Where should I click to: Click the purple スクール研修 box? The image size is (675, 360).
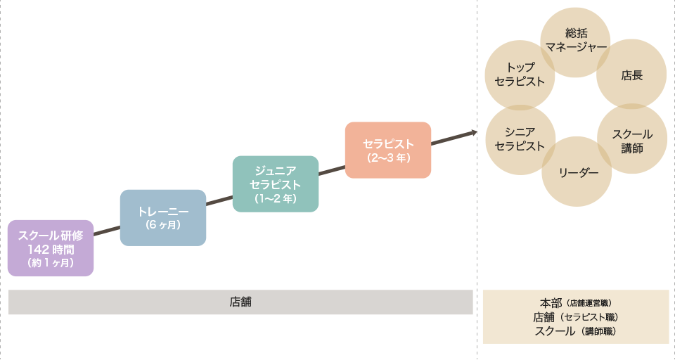51,248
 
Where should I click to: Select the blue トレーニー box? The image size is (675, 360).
163,217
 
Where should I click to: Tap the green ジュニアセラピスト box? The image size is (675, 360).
276,184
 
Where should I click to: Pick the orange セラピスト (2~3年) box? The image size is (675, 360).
388,150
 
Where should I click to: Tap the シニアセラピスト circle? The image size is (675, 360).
520,139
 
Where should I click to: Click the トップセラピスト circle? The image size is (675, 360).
520,74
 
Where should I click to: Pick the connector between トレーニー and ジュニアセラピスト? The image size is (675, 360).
219,200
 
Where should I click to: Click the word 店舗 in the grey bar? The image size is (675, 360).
240,302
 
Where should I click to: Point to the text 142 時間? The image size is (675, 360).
51,249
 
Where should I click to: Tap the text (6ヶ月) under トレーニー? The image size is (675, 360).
163,225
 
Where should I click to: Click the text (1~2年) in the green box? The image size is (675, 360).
276,199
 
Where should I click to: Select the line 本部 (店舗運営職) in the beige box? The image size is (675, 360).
576,303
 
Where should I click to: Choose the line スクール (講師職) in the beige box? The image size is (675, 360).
576,331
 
